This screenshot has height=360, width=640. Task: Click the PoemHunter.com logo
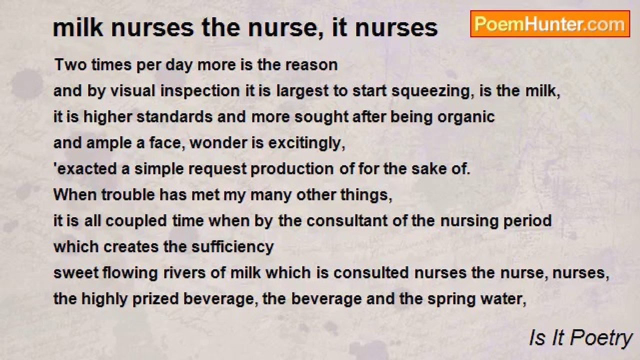(550, 24)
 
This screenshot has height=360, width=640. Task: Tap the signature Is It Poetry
(580, 338)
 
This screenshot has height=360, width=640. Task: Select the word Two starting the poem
(69, 65)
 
